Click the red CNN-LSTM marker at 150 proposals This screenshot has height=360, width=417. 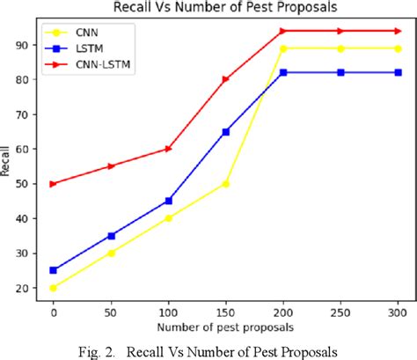pos(226,79)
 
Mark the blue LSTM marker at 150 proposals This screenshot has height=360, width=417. pos(226,131)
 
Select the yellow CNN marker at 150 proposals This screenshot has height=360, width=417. pos(226,183)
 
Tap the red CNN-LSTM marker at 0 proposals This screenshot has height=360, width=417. pos(55,183)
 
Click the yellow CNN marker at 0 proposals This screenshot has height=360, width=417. pos(55,288)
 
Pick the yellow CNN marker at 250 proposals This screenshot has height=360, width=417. pos(340,48)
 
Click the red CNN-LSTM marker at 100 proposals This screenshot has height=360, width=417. pos(169,149)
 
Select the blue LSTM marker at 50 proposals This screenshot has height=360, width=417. pos(112,235)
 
